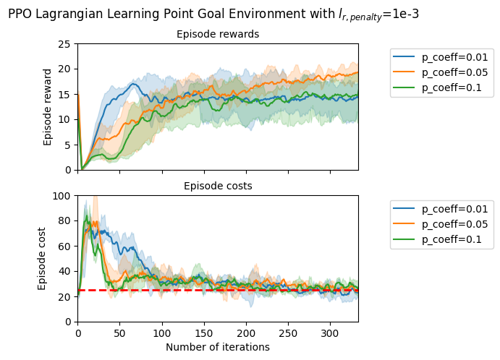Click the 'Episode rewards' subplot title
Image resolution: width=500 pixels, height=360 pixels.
point(218,34)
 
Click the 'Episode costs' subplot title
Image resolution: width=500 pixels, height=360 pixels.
point(218,186)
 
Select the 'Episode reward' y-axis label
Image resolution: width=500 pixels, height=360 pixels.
point(48,107)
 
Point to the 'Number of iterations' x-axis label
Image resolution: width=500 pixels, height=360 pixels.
point(218,347)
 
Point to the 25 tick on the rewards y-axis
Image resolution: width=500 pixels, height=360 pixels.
point(65,44)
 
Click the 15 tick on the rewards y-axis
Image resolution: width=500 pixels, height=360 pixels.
point(65,95)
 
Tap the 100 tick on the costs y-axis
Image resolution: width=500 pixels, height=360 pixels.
point(63,196)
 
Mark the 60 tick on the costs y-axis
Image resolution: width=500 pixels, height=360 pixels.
point(65,247)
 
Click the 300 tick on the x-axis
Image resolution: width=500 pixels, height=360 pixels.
point(331,334)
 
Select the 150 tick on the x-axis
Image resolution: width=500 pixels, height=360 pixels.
point(204,334)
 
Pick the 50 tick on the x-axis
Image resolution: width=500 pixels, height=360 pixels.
point(120,334)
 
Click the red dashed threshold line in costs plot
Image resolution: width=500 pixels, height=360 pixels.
point(217,290)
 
